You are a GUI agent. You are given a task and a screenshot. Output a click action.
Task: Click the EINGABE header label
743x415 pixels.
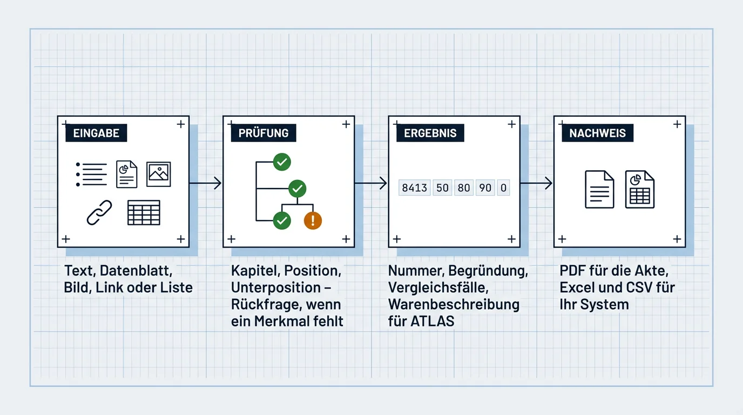coord(96,133)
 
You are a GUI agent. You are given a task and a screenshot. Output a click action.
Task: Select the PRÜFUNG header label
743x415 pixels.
coord(264,133)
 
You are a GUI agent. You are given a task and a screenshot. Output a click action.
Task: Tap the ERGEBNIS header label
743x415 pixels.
coord(430,133)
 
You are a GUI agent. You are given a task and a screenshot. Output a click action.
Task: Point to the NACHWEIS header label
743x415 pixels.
coord(597,133)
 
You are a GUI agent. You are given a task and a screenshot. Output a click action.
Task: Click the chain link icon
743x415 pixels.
coord(99,212)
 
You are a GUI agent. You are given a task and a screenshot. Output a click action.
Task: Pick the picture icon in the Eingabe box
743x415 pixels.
coord(159,175)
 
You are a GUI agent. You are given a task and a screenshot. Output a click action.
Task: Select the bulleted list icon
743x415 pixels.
coord(91,175)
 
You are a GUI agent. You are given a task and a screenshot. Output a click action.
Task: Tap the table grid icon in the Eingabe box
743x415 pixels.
coord(144,213)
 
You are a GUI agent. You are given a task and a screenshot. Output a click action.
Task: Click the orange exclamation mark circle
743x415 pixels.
coord(313,220)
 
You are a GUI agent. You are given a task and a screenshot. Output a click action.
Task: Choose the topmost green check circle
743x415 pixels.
coord(282,162)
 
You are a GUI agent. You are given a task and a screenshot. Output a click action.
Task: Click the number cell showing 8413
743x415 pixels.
coord(414,188)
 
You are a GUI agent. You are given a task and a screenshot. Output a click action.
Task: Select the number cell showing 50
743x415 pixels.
coord(442,188)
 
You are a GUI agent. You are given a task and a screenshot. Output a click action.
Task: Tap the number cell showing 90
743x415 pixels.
coord(485,188)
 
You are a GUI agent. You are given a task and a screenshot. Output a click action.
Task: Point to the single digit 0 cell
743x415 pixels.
coord(503,188)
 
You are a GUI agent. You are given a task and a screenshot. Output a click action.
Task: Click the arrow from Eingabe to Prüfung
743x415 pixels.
coord(205,183)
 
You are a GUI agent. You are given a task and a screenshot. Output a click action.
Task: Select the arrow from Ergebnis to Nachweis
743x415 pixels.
coord(536,183)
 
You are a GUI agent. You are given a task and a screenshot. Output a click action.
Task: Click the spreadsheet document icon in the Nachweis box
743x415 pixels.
coord(639,189)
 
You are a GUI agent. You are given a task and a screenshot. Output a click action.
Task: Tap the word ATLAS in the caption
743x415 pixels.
coord(432,321)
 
